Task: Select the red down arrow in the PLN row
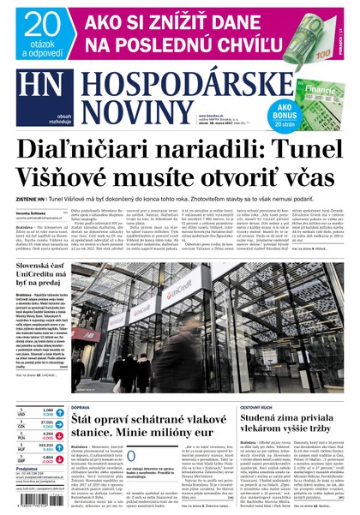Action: point(60,435)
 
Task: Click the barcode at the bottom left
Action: point(32,502)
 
